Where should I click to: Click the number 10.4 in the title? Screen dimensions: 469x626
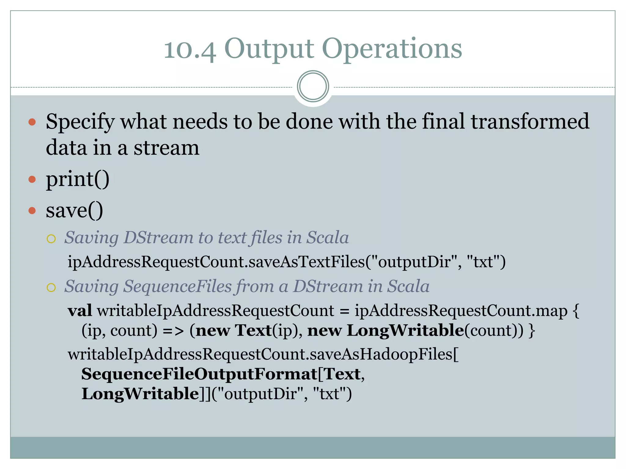click(190, 49)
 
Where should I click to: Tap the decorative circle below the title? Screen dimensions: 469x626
click(313, 86)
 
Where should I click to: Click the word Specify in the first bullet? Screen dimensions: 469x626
click(80, 122)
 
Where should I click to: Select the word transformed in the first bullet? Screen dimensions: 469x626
click(530, 121)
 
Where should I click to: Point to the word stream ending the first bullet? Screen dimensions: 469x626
click(166, 148)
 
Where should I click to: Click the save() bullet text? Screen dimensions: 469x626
click(74, 211)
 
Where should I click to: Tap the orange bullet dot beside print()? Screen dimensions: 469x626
click(32, 179)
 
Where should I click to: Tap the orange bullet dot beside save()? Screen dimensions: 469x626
click(32, 211)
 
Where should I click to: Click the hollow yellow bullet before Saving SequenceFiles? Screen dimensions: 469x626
click(51, 287)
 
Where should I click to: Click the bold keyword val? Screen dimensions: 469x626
click(80, 311)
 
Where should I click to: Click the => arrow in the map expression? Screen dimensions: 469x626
click(173, 331)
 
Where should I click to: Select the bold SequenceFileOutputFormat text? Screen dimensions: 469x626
click(199, 374)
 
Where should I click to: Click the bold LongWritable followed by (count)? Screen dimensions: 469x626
click(405, 331)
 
